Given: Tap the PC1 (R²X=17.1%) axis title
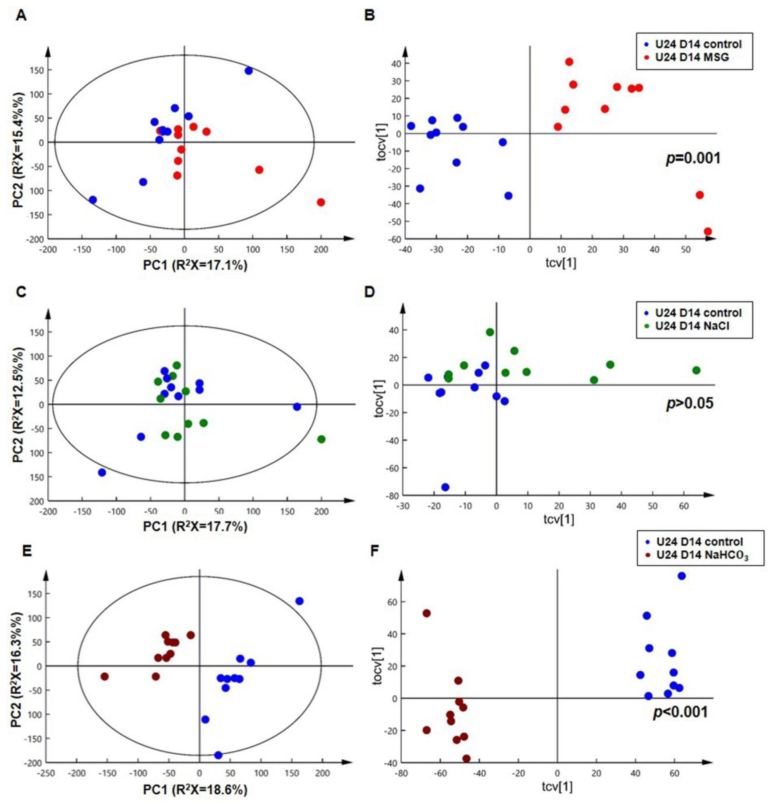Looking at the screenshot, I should click(195, 265).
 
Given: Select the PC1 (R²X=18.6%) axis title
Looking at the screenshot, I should click(195, 790).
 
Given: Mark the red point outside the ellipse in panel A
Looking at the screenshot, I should click(321, 202).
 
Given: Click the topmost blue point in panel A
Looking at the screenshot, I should click(248, 70).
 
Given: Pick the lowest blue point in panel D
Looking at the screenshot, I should click(445, 487).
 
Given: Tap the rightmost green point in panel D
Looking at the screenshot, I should click(696, 370).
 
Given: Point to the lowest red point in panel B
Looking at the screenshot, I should click(708, 231).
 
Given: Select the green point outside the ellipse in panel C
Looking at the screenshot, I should click(321, 439).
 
